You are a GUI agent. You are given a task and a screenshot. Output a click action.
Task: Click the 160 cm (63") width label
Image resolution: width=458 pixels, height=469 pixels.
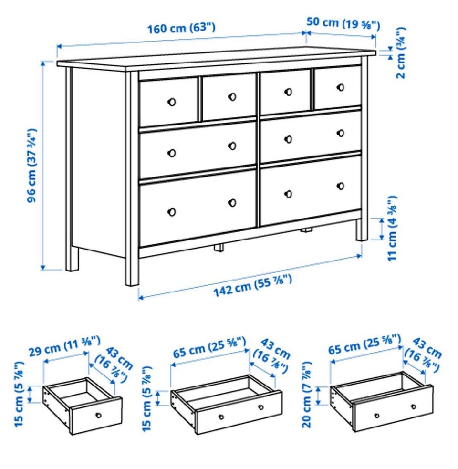pos(181,29)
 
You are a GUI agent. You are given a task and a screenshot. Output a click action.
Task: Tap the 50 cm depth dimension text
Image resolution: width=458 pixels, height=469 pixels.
pos(343,23)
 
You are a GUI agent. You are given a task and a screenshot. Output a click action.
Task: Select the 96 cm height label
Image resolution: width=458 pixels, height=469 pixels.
pos(32,166)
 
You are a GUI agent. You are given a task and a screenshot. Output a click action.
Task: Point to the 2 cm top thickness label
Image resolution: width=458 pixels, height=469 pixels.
pos(401,53)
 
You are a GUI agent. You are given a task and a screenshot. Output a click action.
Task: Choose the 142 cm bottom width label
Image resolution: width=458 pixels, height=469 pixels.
pos(252,286)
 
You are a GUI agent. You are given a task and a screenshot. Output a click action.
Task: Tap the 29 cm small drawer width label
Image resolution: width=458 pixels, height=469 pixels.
pos(64,346)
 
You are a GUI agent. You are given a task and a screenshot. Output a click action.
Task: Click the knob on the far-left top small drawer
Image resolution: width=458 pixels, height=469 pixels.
pos(171,102)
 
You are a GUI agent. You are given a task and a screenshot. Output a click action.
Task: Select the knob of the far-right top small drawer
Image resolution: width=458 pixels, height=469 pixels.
pos(340,87)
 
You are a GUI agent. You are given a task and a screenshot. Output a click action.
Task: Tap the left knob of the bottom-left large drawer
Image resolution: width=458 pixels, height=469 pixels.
pos(172,212)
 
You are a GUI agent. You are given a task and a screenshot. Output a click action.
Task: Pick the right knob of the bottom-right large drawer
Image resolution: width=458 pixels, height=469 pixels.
pos(341,186)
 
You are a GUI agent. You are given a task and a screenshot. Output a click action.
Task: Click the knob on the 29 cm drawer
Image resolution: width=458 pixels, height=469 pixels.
pos(98,415)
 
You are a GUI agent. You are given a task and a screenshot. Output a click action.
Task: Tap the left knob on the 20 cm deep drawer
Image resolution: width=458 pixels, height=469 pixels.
pos(377,416)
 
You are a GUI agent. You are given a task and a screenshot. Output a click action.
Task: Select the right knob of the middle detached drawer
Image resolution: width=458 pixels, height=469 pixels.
pos(261,407)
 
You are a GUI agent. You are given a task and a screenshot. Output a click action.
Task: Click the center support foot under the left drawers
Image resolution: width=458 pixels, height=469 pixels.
pos(219,247)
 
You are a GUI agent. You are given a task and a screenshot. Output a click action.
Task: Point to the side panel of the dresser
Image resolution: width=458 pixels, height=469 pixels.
pos(99,162)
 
